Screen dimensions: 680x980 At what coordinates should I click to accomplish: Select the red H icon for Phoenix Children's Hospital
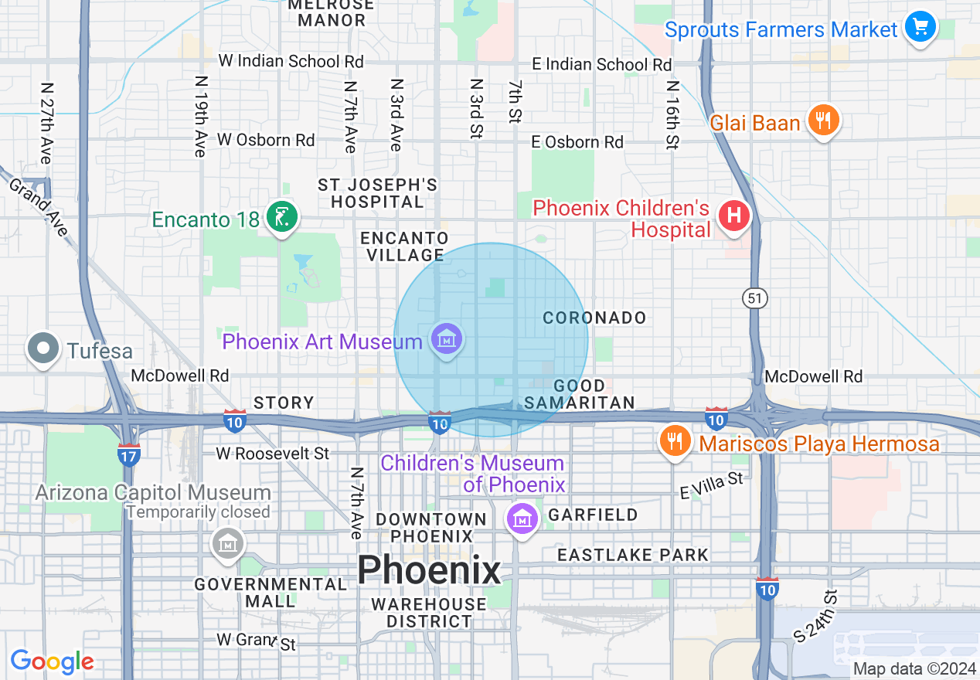733,216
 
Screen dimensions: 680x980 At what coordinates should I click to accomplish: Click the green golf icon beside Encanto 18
281,218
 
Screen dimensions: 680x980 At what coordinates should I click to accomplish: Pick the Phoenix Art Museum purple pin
447,340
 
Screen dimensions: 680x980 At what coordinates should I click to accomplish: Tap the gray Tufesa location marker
43,349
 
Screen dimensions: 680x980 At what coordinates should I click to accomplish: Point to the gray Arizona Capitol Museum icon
228,544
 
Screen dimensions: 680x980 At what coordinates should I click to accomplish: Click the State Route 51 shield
756,297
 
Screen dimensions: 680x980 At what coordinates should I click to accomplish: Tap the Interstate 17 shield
129,454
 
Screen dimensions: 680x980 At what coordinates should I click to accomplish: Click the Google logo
52,661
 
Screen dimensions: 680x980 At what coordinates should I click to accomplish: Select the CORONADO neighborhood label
594,318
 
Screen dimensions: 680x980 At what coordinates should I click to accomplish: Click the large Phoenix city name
429,571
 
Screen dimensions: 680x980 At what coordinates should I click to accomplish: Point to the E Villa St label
711,485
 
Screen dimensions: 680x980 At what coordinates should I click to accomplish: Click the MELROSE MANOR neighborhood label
331,12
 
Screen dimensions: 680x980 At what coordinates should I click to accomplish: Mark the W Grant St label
256,641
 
